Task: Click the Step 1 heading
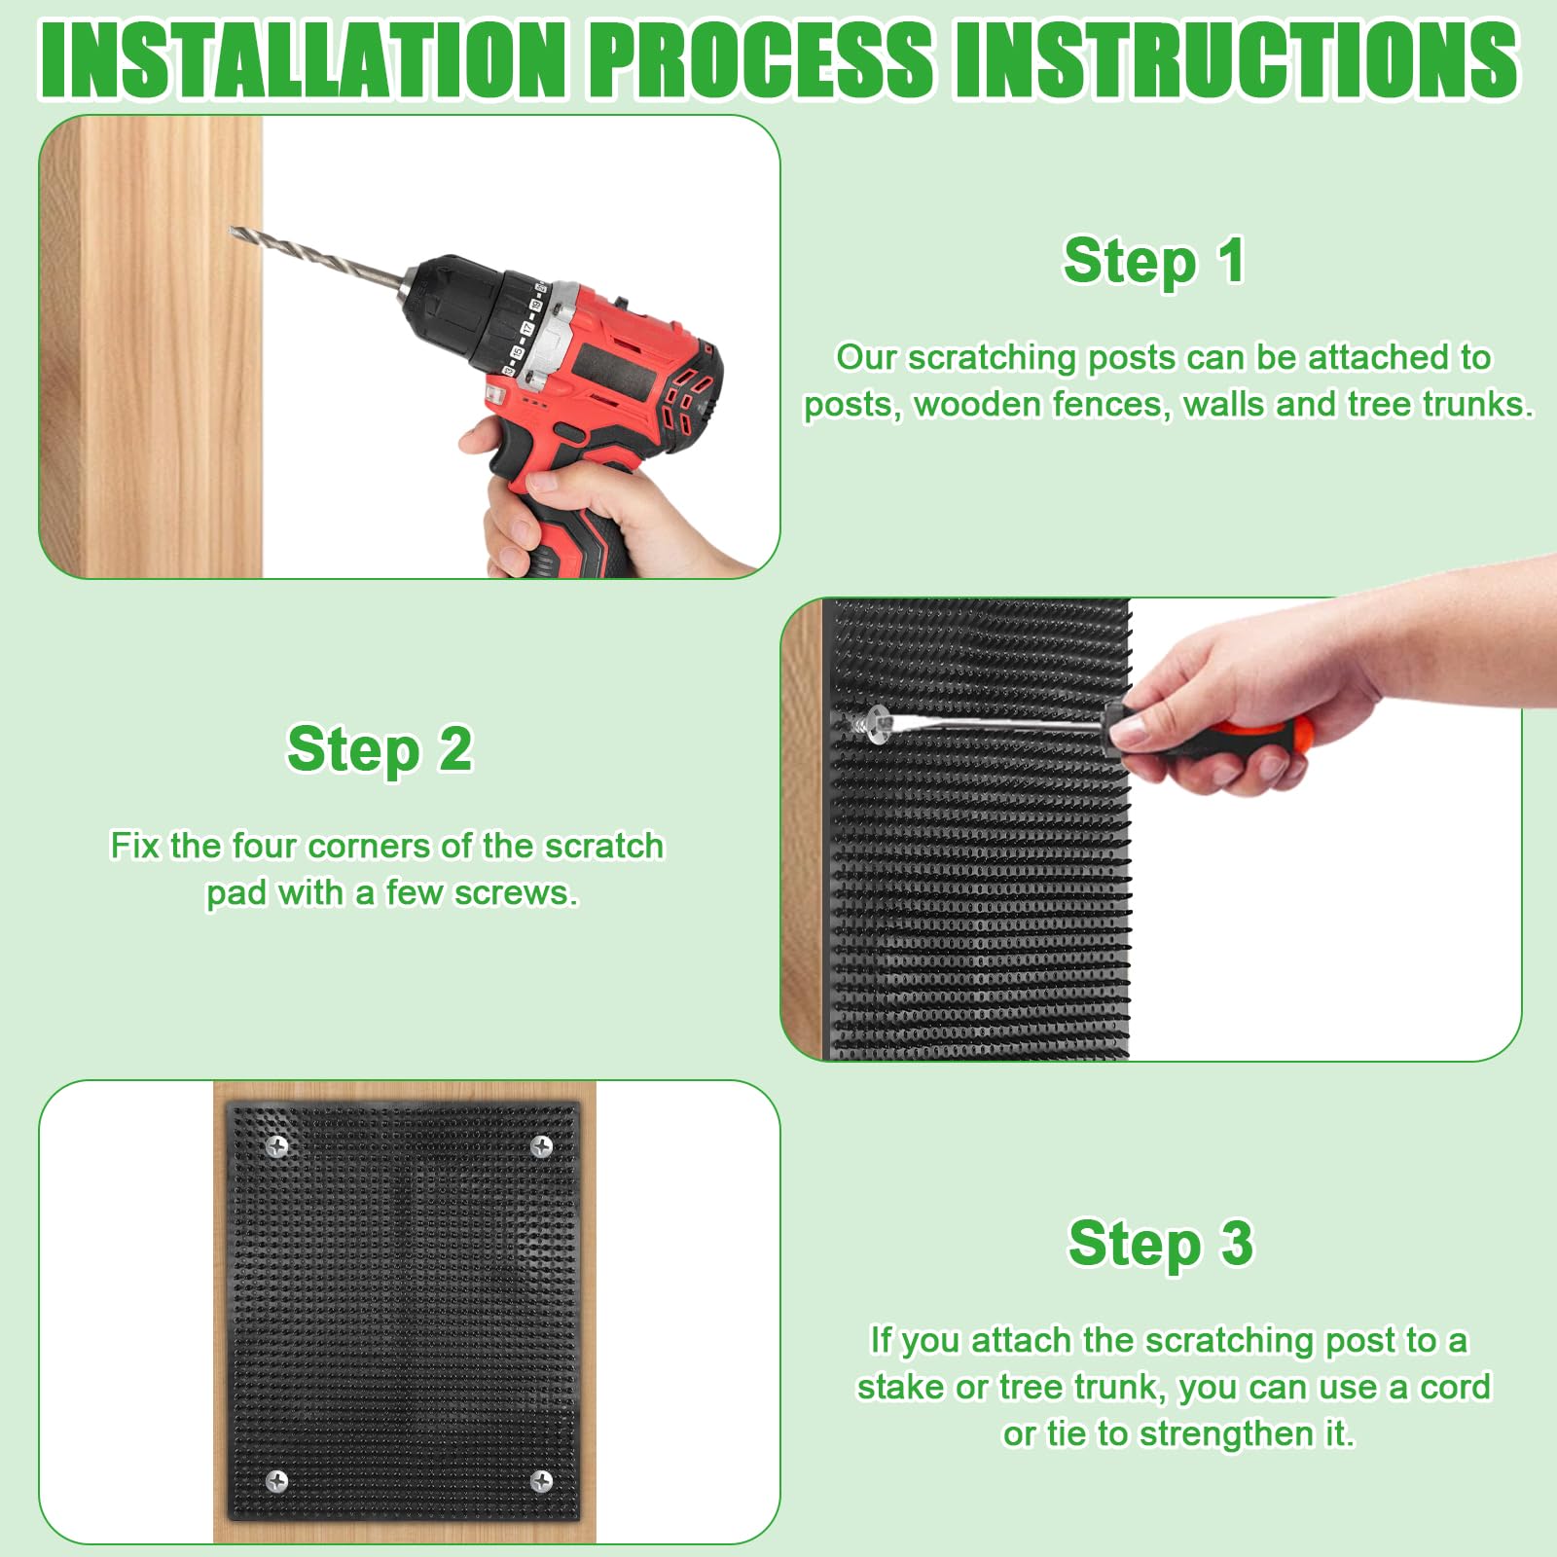coord(1154,262)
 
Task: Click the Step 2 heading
coord(380,749)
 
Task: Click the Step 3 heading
coord(1161,1244)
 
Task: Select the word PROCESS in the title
coord(761,58)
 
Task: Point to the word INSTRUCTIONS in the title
coord(1237,58)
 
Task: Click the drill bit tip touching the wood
coord(233,231)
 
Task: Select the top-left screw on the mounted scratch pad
coord(277,1146)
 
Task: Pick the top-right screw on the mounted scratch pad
coord(542,1146)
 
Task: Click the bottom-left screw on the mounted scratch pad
coord(276,1481)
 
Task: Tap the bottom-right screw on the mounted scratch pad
coord(542,1481)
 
